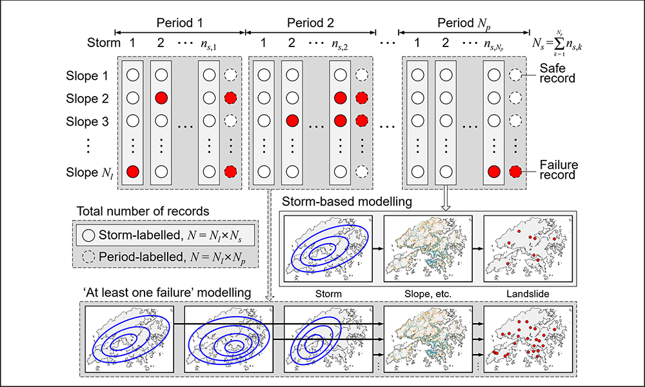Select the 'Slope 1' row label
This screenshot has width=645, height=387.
[x=86, y=75]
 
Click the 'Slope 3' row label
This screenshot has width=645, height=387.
[x=86, y=121]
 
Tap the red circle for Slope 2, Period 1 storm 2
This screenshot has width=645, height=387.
[x=161, y=99]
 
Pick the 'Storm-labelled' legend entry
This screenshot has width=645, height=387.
[x=165, y=233]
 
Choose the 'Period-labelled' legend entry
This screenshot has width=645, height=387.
[x=165, y=256]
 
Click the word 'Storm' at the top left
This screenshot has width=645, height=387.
[x=104, y=43]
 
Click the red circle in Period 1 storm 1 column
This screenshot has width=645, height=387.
[x=133, y=172]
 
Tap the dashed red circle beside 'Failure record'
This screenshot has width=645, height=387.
[x=514, y=172]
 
